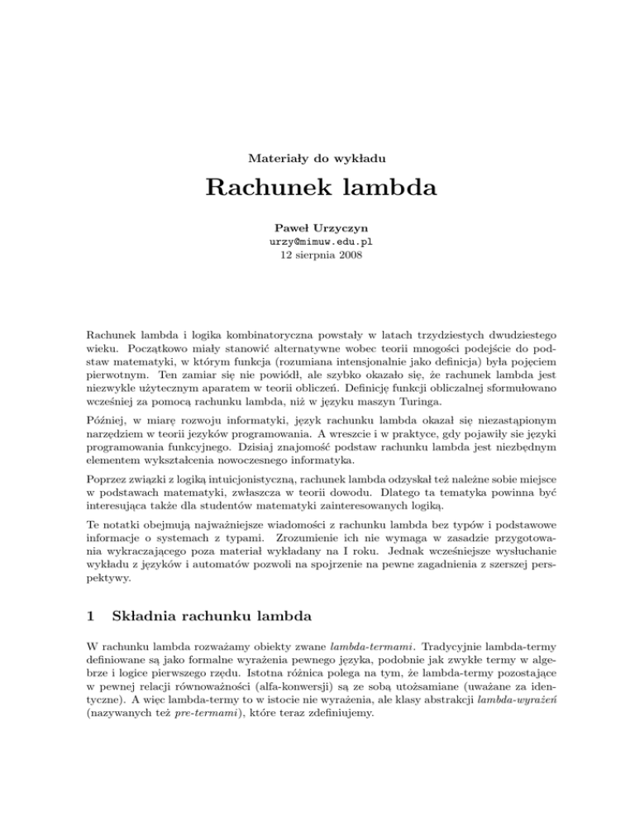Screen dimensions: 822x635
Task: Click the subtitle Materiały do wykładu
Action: pos(317,155)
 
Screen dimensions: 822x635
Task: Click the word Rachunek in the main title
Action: pos(265,189)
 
